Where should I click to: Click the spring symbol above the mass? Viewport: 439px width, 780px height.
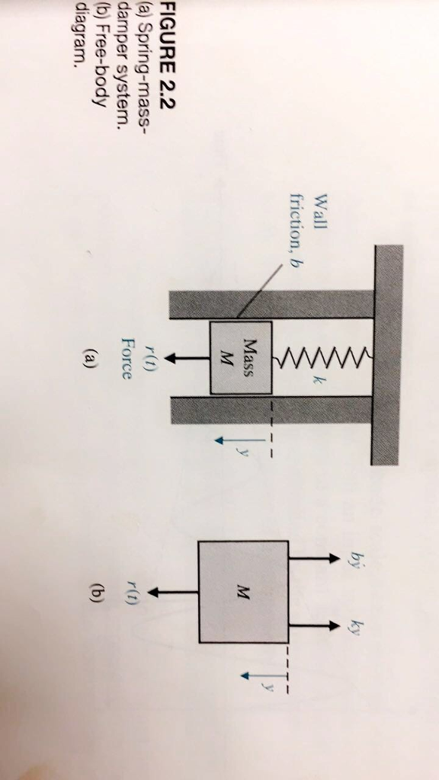[x=320, y=358]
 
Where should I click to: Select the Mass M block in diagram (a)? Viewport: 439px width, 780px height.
[x=241, y=357]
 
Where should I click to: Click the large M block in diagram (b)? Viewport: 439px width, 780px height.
[x=243, y=591]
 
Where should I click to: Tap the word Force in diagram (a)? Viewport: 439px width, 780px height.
[x=128, y=358]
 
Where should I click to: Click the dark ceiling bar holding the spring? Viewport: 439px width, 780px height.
[x=387, y=355]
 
